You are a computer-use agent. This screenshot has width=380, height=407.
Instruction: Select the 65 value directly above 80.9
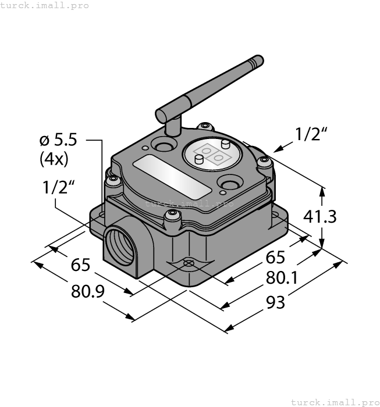[80, 265]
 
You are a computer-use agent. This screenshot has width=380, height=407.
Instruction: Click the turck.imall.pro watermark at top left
[45, 5]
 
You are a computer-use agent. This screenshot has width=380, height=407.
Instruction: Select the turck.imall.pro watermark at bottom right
[334, 402]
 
